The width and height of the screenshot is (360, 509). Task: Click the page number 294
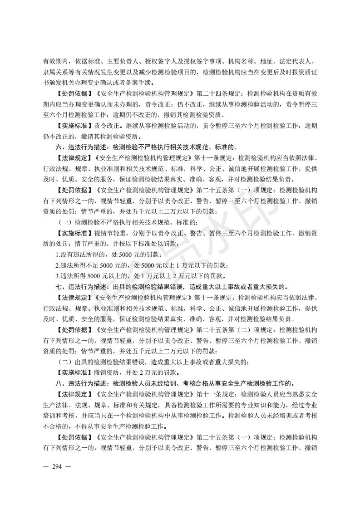(x=57, y=466)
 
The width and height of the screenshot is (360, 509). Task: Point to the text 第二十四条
(x=212, y=94)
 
